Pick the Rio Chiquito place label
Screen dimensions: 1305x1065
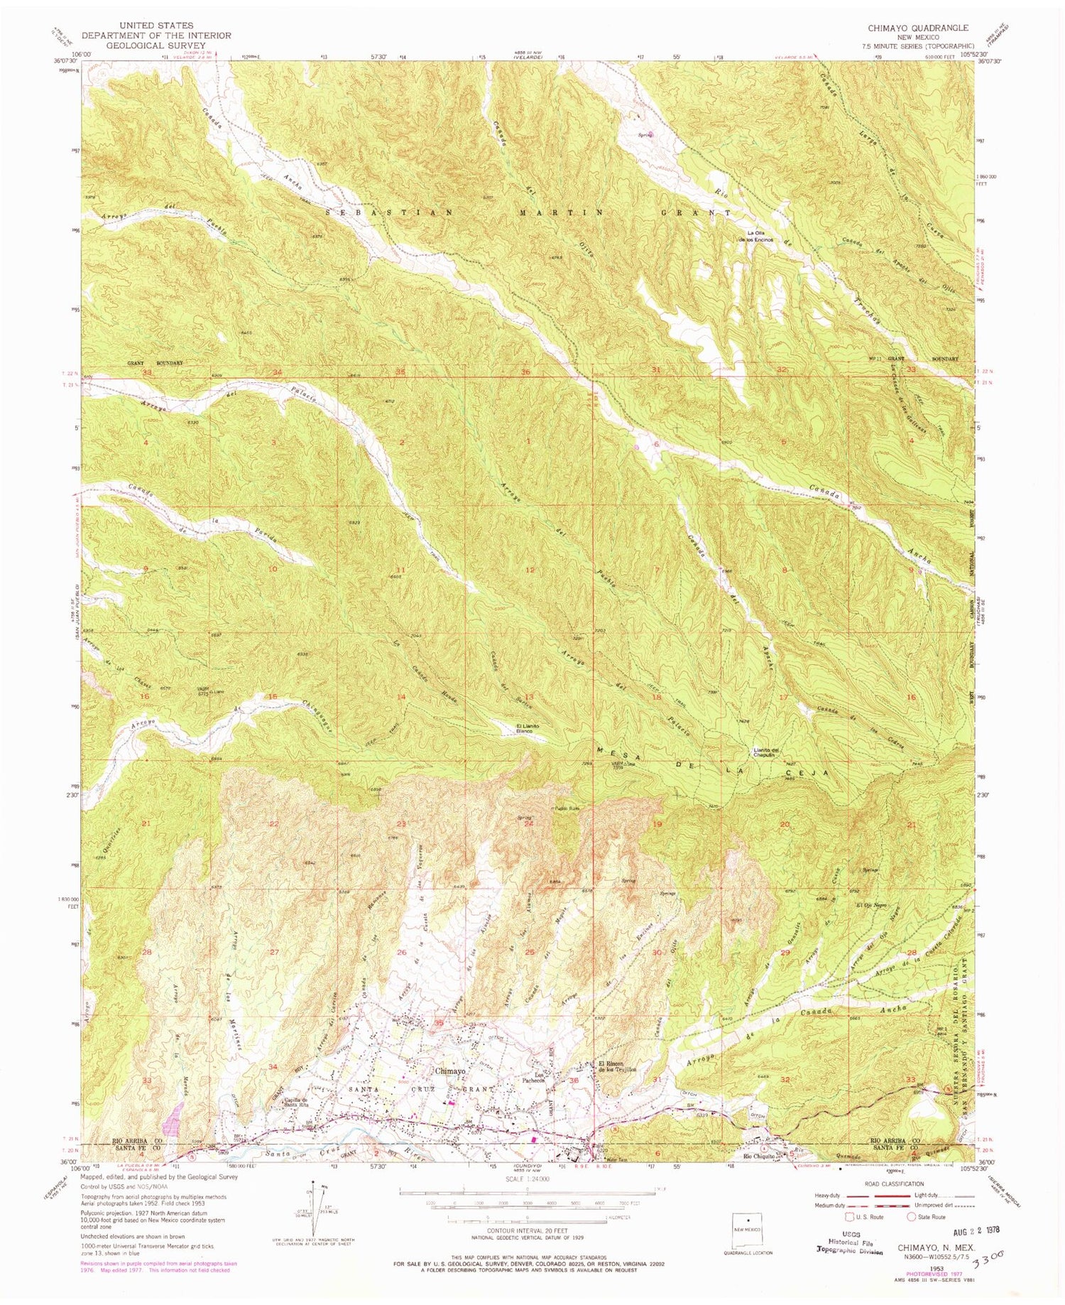(758, 1155)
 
